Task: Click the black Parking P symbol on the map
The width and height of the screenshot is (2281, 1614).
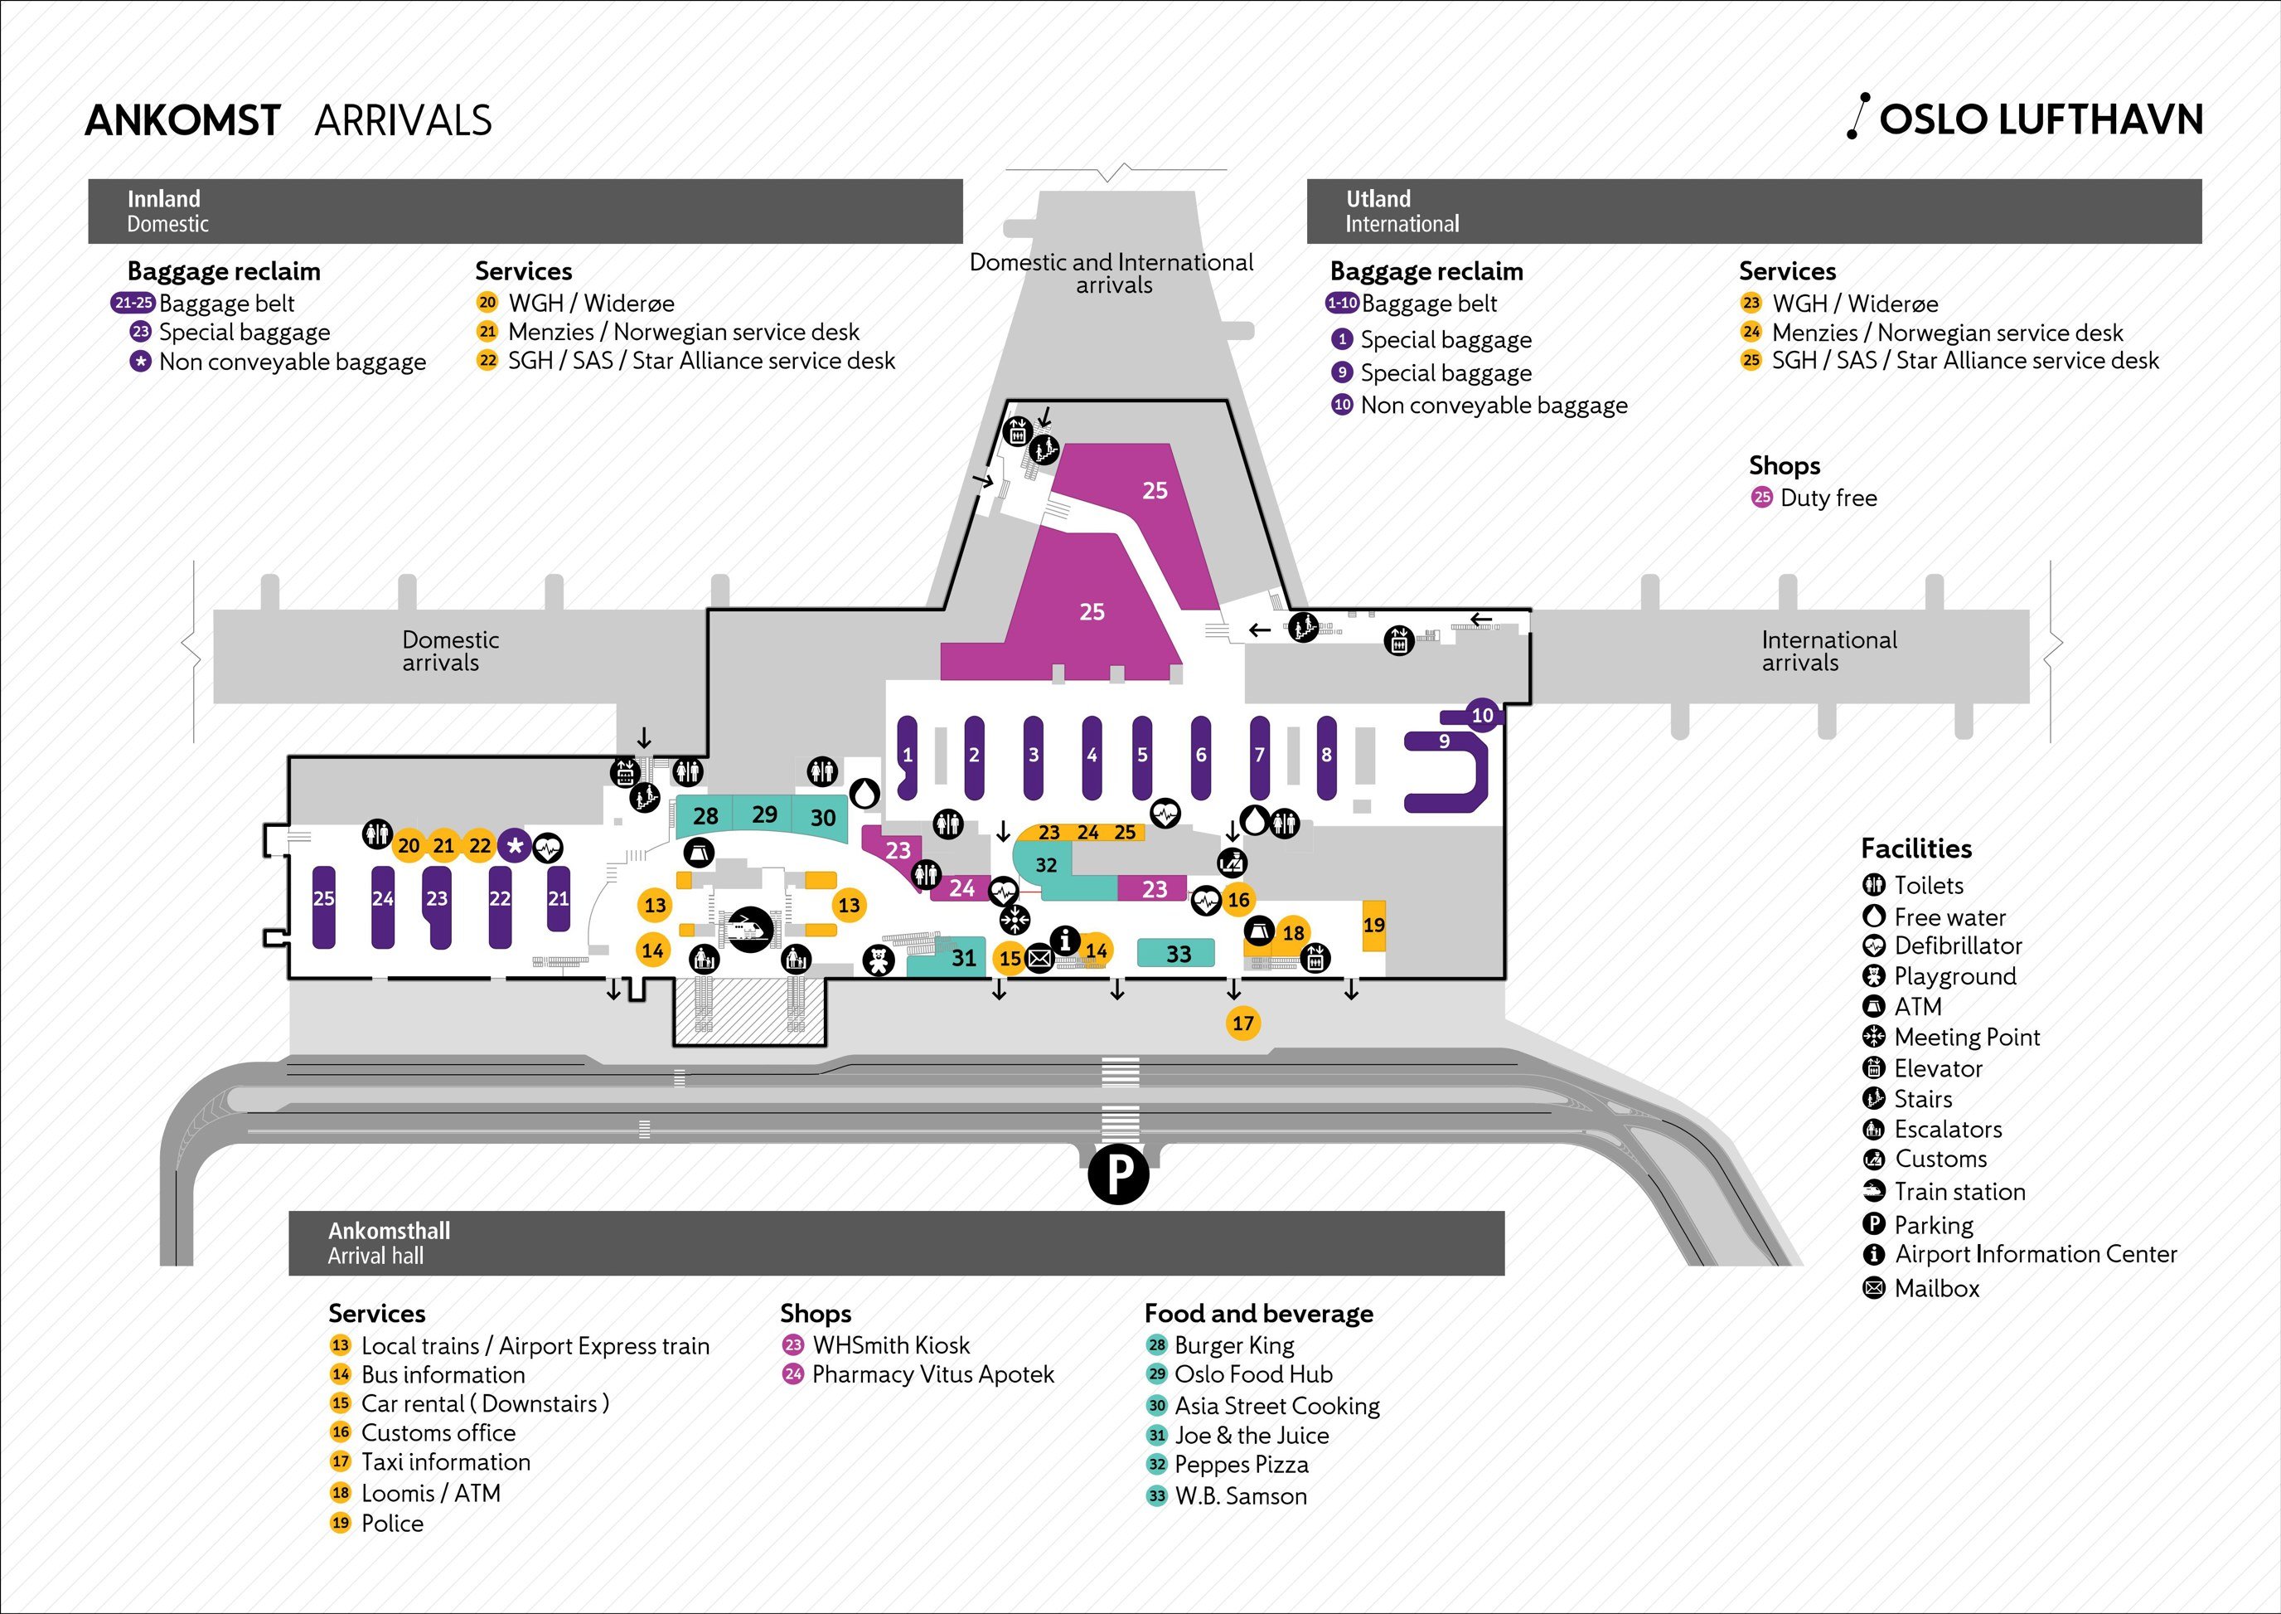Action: (x=1117, y=1174)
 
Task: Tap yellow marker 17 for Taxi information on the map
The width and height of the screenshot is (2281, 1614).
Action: (x=1242, y=1023)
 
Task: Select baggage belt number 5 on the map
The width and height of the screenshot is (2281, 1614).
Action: (x=1142, y=756)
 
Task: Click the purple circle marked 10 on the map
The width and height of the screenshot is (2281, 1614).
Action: (x=1482, y=715)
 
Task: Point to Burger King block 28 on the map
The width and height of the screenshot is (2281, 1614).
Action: (x=705, y=817)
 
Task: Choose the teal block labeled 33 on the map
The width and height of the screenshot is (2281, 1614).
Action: (x=1177, y=954)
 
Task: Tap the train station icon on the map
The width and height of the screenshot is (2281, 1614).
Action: (x=750, y=931)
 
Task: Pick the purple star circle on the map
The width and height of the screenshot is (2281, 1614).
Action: (x=515, y=846)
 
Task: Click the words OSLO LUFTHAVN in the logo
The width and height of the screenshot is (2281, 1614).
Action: (x=2041, y=120)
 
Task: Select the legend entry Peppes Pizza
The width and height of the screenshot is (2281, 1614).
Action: (x=1241, y=1464)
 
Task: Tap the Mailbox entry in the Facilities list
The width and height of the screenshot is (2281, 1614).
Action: (x=1935, y=1289)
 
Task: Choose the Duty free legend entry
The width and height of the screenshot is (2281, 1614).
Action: (x=1827, y=498)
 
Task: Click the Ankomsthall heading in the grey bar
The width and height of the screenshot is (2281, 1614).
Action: (x=389, y=1230)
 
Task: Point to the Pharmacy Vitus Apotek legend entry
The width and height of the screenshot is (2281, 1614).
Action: (x=932, y=1374)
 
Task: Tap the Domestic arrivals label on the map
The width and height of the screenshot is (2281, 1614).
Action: (x=450, y=651)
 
